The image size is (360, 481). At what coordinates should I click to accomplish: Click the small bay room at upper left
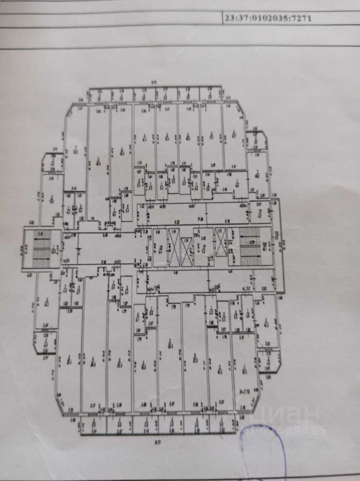click(52, 162)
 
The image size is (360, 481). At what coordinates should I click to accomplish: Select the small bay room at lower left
click(45, 343)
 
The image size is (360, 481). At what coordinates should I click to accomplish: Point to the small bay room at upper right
click(256, 140)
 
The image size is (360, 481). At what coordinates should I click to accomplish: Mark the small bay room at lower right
click(269, 360)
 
